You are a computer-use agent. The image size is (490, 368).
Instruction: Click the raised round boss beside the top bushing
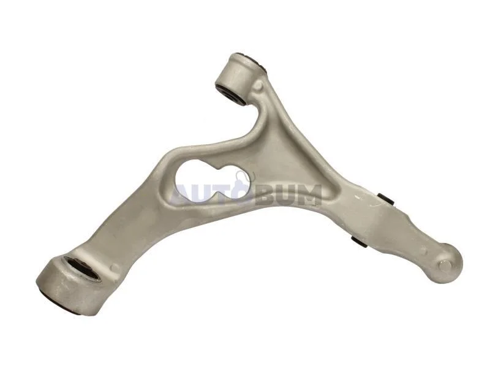[259, 85]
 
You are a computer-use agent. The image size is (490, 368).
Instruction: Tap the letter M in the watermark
[308, 195]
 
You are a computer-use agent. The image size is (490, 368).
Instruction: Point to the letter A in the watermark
[182, 195]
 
